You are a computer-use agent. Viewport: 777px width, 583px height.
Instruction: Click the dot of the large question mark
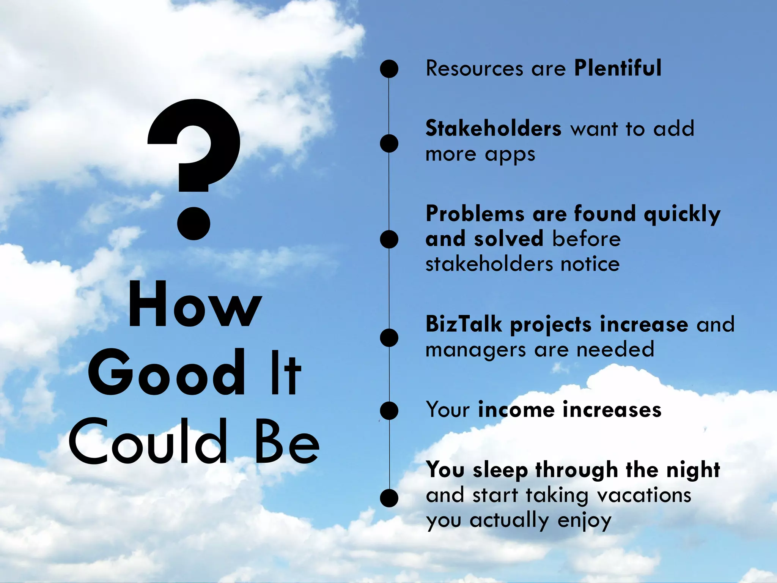(194, 224)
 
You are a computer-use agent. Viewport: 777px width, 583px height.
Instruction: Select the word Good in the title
(167, 373)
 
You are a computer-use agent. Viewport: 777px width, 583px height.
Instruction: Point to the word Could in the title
(148, 441)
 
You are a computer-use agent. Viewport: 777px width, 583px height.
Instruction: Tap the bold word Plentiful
(618, 68)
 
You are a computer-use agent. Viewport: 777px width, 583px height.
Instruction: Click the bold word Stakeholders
(493, 129)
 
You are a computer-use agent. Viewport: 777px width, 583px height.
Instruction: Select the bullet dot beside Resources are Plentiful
(389, 69)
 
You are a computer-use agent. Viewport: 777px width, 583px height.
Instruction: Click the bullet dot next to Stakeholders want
(389, 143)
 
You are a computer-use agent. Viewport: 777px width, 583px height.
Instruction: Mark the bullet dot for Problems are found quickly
(389, 240)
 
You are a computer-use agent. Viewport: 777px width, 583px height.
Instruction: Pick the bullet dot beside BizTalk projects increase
(389, 338)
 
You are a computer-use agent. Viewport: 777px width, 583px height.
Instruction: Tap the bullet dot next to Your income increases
(389, 411)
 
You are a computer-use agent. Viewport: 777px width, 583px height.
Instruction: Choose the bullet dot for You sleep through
(389, 498)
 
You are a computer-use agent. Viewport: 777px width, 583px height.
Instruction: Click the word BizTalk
(464, 325)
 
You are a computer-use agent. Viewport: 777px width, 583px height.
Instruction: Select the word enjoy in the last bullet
(584, 521)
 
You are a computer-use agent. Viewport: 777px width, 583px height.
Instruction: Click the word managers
(476, 350)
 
